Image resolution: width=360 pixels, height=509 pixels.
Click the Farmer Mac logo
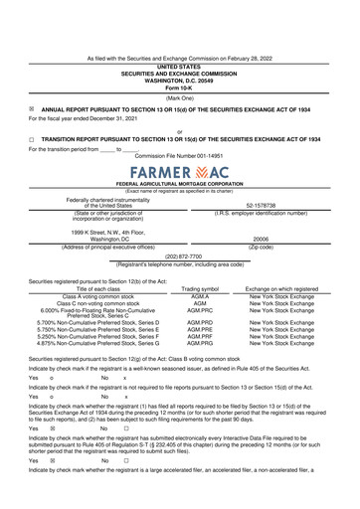(179, 171)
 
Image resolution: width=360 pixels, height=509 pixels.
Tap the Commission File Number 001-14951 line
(180, 155)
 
